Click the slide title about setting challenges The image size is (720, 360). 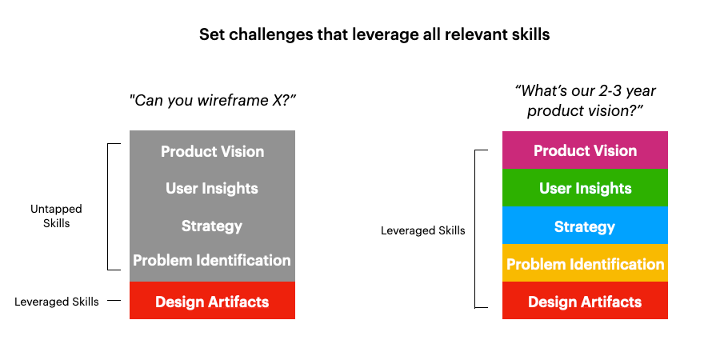point(374,35)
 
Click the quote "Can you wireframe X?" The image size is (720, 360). point(212,101)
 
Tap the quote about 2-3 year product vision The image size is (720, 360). point(585,101)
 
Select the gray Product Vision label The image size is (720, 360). point(212,151)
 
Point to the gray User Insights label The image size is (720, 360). point(212,189)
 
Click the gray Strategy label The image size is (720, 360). point(212,226)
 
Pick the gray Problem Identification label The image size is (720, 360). point(212,260)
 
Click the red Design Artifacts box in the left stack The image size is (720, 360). point(212,300)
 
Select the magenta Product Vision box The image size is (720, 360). point(585,150)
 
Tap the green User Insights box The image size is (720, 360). point(585,188)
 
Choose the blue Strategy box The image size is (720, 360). point(585,226)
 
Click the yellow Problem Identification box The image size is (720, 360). point(585,263)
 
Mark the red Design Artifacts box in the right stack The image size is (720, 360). point(585,300)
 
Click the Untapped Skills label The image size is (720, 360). point(56,216)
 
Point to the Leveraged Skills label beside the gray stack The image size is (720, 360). point(57,302)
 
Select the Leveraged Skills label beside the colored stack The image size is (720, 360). point(423,230)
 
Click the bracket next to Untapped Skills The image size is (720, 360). point(107,206)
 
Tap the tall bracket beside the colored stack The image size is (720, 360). point(474,229)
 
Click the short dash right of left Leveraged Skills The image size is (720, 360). point(114,301)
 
